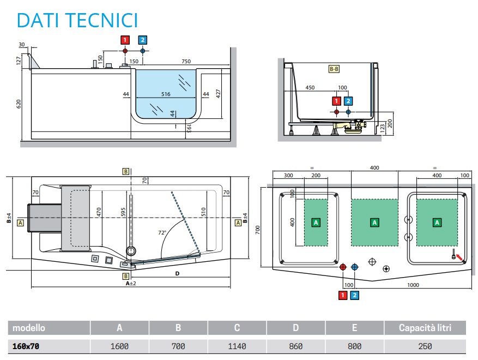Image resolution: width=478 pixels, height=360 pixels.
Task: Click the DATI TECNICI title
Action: pos(77,20)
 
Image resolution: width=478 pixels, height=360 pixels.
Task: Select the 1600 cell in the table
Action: pos(119,346)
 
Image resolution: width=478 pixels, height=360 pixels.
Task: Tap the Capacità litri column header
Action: pos(425,328)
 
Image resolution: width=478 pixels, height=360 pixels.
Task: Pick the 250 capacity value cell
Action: pos(425,346)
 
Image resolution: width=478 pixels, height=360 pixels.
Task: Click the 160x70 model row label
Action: pos(26,346)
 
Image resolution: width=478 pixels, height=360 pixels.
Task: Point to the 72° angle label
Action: pos(162,232)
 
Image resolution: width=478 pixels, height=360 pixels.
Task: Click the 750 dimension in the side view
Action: pos(186,61)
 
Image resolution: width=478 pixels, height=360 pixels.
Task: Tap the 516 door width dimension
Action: pos(166,94)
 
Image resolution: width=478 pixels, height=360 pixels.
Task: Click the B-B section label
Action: pos(334,69)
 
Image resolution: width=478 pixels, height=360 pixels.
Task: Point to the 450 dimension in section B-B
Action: pos(310,87)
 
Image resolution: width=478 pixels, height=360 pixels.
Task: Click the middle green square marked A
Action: pos(374,222)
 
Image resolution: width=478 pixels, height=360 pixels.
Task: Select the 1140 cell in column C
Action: pos(237,346)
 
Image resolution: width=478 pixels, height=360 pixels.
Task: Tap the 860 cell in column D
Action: pos(295,346)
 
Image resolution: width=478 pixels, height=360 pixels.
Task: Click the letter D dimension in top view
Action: pos(177,273)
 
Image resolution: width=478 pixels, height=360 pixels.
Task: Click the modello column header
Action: pos(29,328)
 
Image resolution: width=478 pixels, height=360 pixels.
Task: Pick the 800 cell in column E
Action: pos(354,346)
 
